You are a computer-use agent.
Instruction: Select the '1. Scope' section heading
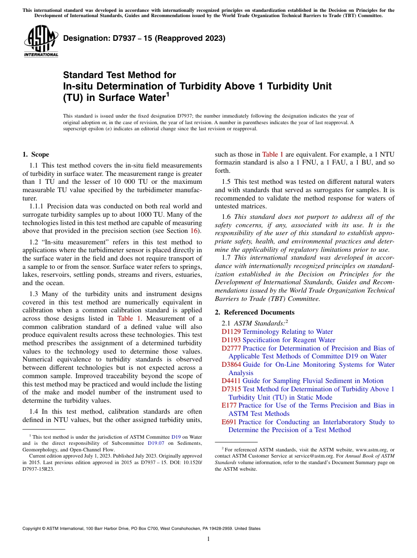(x=36, y=154)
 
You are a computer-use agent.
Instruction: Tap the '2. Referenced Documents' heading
(x=255, y=312)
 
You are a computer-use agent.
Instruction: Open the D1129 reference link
(x=231, y=332)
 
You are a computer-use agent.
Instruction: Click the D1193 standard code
(x=231, y=340)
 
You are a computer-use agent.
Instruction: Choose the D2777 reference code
(x=231, y=348)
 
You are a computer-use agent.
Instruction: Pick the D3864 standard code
(x=231, y=365)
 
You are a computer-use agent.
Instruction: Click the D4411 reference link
(x=231, y=381)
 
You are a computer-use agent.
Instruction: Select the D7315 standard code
(x=231, y=389)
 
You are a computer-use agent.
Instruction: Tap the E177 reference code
(x=229, y=405)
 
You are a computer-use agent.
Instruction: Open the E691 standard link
(x=229, y=422)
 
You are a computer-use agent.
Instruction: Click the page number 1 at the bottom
(x=208, y=539)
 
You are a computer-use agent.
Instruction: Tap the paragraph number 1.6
(x=227, y=217)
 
